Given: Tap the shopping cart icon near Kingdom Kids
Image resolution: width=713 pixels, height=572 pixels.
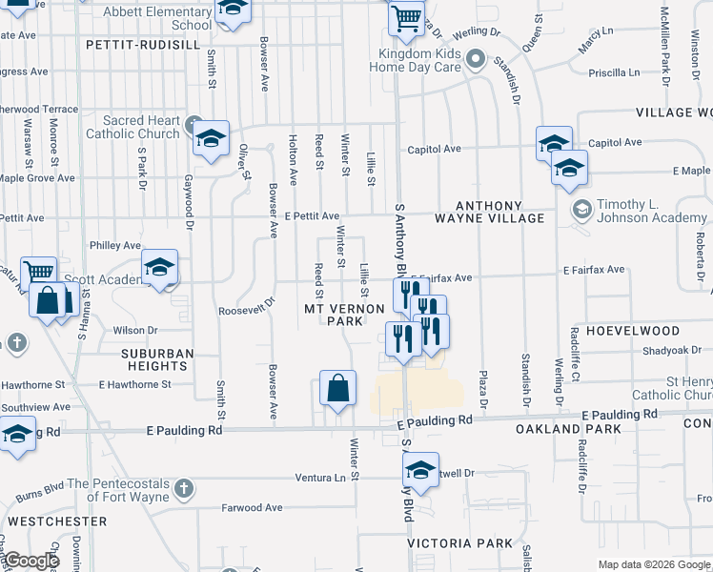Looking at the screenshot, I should click(x=406, y=18).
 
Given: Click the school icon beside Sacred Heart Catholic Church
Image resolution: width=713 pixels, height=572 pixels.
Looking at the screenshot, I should click(x=211, y=138).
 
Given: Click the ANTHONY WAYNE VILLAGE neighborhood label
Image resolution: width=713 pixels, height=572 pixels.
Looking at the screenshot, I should click(x=489, y=212).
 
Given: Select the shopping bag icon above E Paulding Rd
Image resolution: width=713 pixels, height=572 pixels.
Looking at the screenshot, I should click(x=337, y=389).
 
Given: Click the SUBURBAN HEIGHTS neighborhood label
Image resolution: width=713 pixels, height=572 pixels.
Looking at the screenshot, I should click(x=157, y=359).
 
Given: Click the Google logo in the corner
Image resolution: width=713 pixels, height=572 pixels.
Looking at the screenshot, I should click(x=31, y=561).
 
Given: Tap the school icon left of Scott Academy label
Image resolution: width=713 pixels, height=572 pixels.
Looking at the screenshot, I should click(x=159, y=268).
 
